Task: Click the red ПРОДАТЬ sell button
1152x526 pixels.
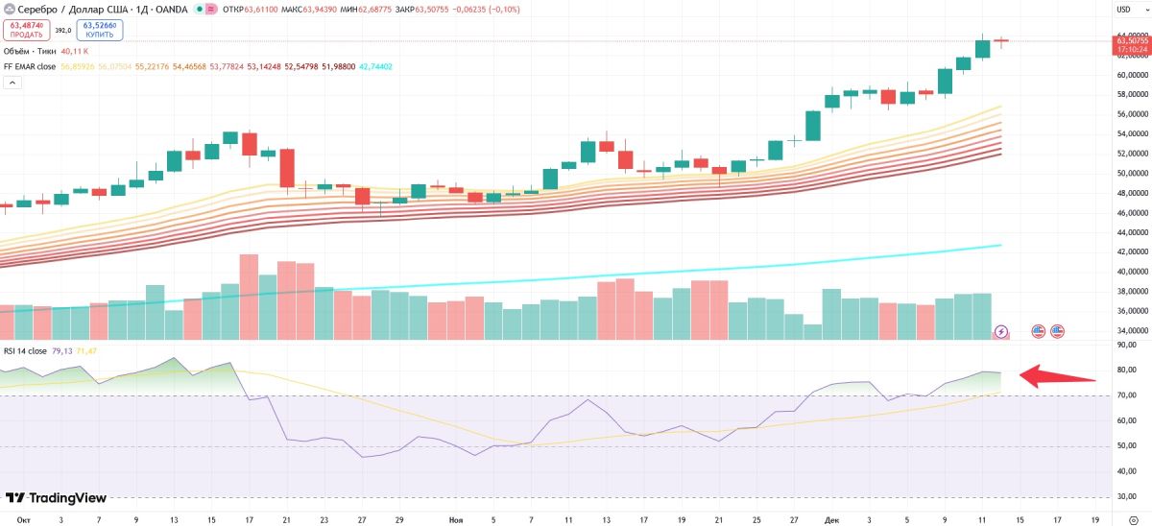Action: [x=26, y=30]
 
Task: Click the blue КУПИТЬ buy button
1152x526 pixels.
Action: [x=101, y=30]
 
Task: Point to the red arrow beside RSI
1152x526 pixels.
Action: [x=1056, y=375]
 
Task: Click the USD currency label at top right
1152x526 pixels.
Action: [x=1123, y=10]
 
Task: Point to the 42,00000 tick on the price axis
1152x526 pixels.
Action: [x=1133, y=251]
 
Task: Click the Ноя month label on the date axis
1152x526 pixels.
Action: [x=456, y=519]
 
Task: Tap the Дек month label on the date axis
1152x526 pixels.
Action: [x=831, y=519]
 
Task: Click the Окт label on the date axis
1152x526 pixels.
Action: [x=24, y=519]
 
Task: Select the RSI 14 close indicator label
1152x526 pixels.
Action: [x=25, y=350]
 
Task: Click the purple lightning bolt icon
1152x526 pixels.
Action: [x=1001, y=331]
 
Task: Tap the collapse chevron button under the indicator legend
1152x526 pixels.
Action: [x=12, y=83]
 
